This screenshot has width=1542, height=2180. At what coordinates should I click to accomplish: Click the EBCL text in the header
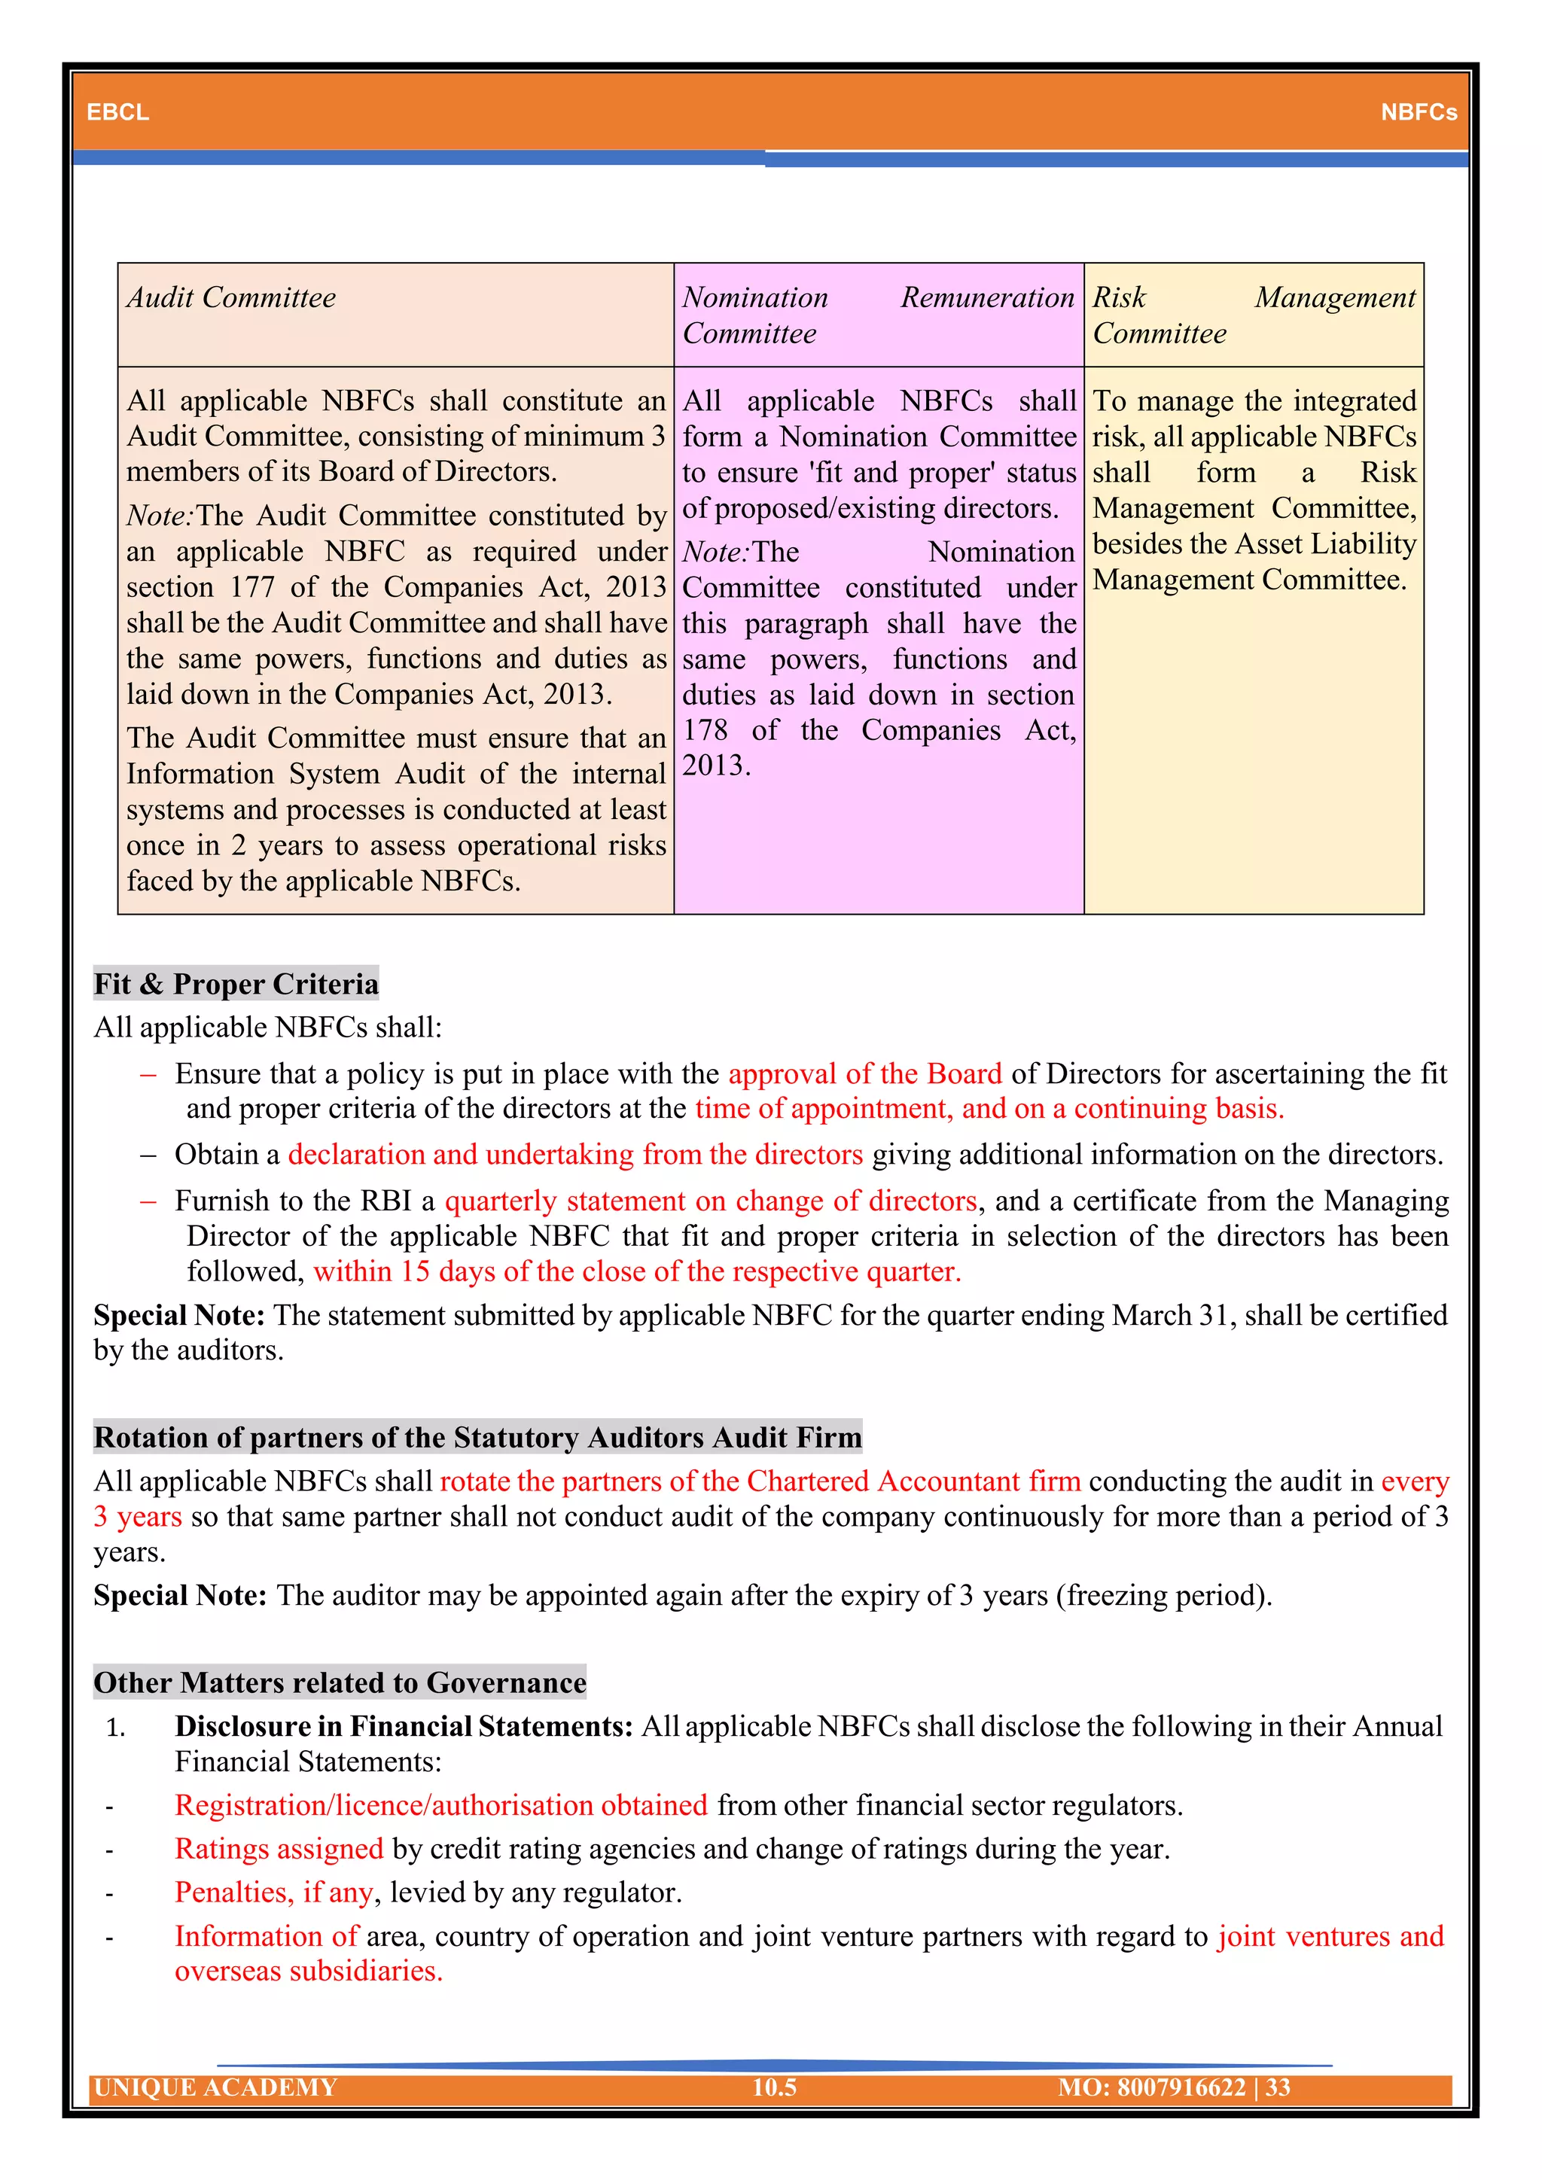(117, 112)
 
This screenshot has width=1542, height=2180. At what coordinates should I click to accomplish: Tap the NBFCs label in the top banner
(1418, 112)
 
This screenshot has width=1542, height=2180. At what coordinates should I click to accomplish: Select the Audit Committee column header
(232, 298)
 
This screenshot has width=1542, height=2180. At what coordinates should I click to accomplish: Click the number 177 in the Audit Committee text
(251, 586)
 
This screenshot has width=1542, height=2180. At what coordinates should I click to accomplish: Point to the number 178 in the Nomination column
(705, 729)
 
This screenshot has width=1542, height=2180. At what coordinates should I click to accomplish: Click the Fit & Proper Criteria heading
(236, 984)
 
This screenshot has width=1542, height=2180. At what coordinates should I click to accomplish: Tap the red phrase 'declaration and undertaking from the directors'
(575, 1154)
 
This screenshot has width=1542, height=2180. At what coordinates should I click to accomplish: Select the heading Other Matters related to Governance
(340, 1682)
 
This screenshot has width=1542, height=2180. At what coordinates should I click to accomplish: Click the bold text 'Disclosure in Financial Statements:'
(404, 1725)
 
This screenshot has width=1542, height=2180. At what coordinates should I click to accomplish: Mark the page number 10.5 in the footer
(774, 2087)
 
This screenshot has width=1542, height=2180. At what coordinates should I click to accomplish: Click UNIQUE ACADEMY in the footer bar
(217, 2087)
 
